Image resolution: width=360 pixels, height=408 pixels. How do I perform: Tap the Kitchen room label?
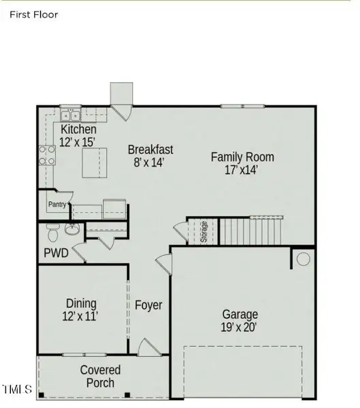pyautogui.click(x=78, y=129)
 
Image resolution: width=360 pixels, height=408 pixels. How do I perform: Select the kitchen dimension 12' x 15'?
pyautogui.click(x=77, y=141)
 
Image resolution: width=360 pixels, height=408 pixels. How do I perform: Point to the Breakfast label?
pyautogui.click(x=150, y=150)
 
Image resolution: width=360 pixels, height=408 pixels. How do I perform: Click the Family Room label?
pyautogui.click(x=242, y=157)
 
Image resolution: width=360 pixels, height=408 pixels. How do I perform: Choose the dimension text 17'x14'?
pyautogui.click(x=242, y=170)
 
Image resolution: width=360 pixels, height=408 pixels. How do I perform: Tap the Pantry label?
pyautogui.click(x=56, y=203)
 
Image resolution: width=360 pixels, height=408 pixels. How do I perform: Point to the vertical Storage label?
pyautogui.click(x=203, y=232)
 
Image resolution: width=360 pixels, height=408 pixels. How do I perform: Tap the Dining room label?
pyautogui.click(x=81, y=303)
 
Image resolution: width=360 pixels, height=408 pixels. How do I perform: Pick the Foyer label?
pyautogui.click(x=148, y=305)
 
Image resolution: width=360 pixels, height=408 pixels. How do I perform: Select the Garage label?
pyautogui.click(x=240, y=314)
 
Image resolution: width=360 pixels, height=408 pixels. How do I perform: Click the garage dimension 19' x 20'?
pyautogui.click(x=240, y=327)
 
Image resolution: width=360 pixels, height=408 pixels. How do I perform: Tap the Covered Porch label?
pyautogui.click(x=101, y=376)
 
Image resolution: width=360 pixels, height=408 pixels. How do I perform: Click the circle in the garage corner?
pyautogui.click(x=304, y=259)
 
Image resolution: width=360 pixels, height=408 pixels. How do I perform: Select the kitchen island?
pyautogui.click(x=96, y=164)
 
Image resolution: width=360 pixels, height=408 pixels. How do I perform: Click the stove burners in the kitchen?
pyautogui.click(x=48, y=155)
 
